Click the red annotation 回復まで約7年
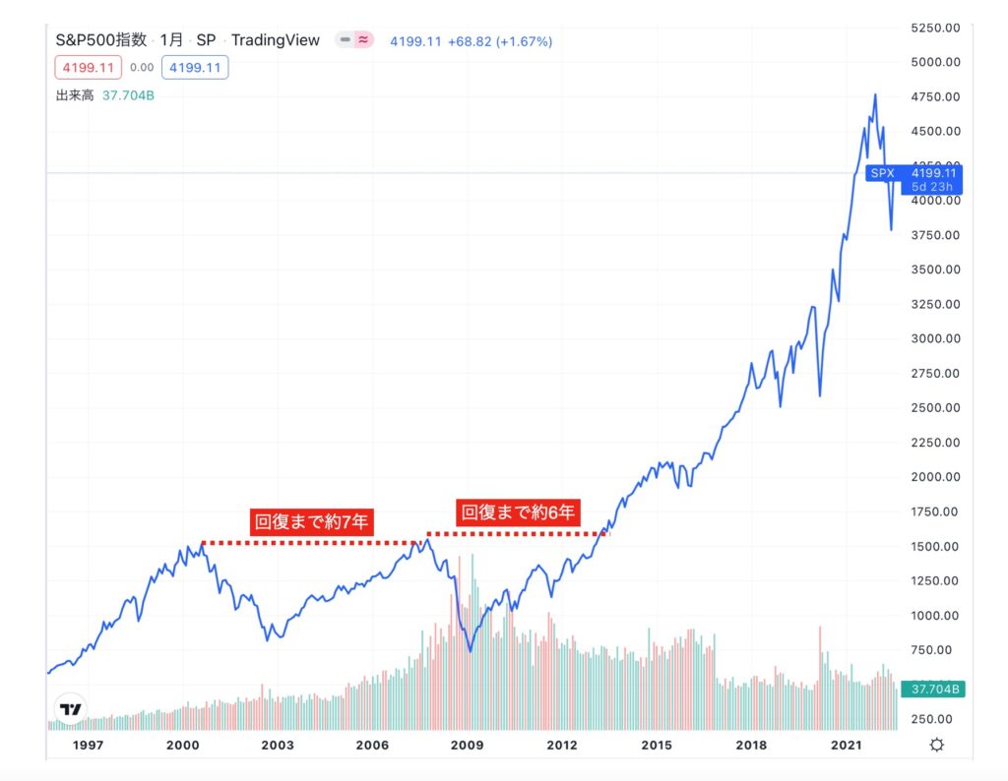click(311, 522)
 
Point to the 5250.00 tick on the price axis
click(936, 28)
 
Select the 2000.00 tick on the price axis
click(936, 477)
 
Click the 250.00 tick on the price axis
click(936, 719)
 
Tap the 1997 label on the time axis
click(89, 746)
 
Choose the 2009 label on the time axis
click(467, 746)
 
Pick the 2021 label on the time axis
click(846, 746)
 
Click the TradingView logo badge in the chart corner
click(70, 708)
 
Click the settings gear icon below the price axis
click(936, 745)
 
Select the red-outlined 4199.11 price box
click(89, 68)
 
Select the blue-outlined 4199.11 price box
click(197, 68)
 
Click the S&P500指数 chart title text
click(101, 40)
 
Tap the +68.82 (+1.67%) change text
click(500, 41)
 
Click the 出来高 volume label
click(75, 95)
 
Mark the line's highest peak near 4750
click(875, 94)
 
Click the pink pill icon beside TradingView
click(363, 40)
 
